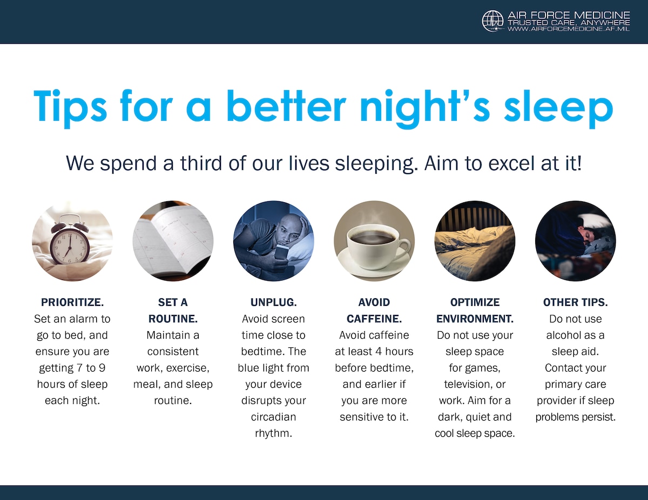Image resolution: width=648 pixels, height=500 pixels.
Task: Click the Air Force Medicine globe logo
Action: pyautogui.click(x=493, y=21)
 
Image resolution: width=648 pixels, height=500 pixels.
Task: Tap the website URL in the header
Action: pyautogui.click(x=569, y=29)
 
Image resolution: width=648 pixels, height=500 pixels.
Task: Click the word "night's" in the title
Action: pyautogui.click(x=425, y=108)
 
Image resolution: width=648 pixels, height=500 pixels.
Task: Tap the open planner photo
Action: pyautogui.click(x=173, y=241)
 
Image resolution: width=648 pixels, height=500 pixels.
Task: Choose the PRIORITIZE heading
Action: pyautogui.click(x=72, y=302)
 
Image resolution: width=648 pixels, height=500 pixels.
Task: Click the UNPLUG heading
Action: pyautogui.click(x=273, y=302)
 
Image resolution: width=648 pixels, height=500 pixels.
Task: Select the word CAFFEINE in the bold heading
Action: pyautogui.click(x=374, y=319)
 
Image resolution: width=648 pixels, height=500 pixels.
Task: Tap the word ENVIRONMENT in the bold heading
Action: pyautogui.click(x=475, y=319)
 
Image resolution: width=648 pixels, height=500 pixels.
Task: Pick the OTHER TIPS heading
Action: pyautogui.click(x=576, y=302)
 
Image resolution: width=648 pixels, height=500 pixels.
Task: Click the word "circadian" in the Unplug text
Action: pyautogui.click(x=273, y=417)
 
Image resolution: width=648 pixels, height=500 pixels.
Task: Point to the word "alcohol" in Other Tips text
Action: pyautogui.click(x=564, y=335)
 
